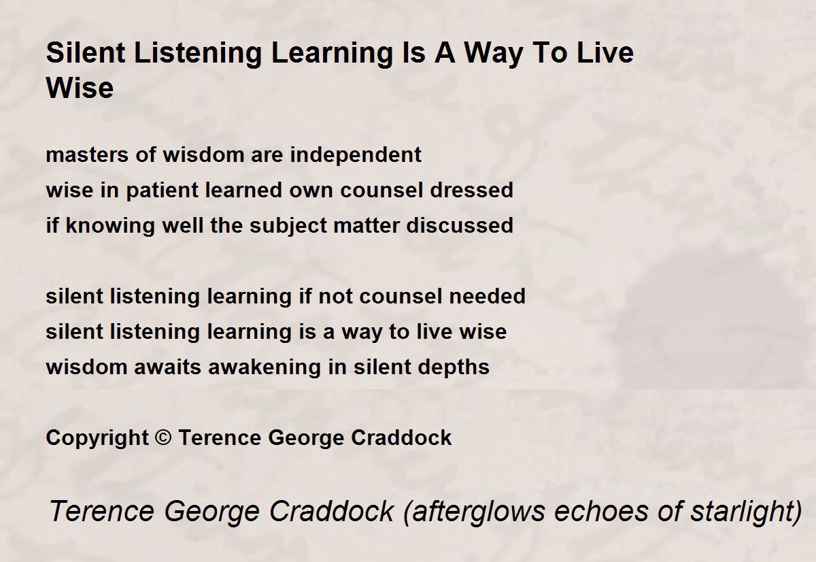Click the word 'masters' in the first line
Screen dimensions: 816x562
click(x=87, y=155)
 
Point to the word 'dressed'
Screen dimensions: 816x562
click(x=471, y=190)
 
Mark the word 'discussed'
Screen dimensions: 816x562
click(x=460, y=225)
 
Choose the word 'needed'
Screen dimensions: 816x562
click(x=488, y=296)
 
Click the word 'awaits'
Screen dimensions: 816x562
click(x=167, y=367)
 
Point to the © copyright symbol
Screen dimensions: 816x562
click(x=163, y=437)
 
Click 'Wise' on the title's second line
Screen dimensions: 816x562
click(x=80, y=88)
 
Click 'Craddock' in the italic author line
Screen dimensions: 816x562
click(x=332, y=511)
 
